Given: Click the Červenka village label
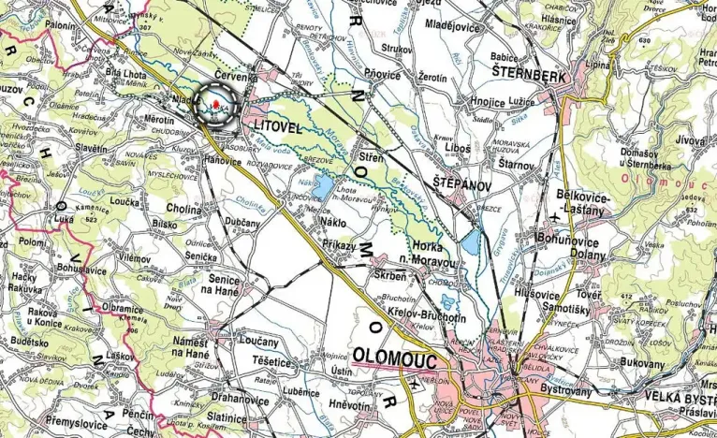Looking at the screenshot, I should (x=235, y=78).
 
